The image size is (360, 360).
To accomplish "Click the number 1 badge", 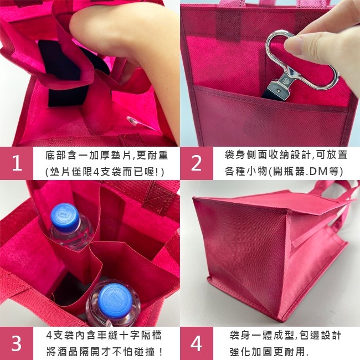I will (17, 163).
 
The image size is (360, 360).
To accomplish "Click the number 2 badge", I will (197, 163).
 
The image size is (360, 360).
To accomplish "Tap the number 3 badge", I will (17, 343).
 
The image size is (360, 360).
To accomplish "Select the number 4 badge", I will (197, 343).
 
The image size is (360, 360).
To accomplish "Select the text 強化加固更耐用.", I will (269, 352).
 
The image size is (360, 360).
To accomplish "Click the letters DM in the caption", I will (316, 172).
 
